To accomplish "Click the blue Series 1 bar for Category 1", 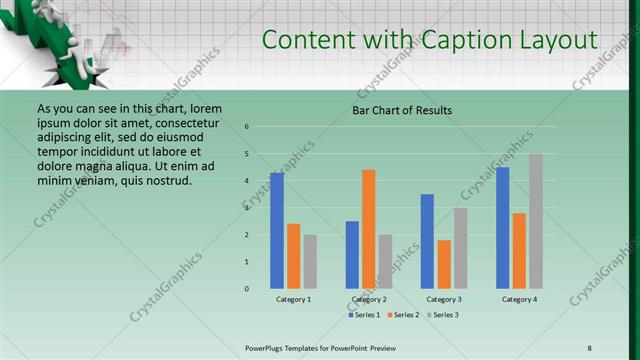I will [x=277, y=231].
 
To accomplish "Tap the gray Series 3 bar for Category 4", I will [x=536, y=221].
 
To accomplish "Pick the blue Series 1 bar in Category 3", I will [x=427, y=241].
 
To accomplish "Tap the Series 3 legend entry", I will [x=444, y=315].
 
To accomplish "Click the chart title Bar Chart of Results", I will [x=402, y=110].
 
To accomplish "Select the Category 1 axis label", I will [x=293, y=299].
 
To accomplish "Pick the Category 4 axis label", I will [x=519, y=299].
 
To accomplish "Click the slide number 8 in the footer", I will [x=589, y=347].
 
